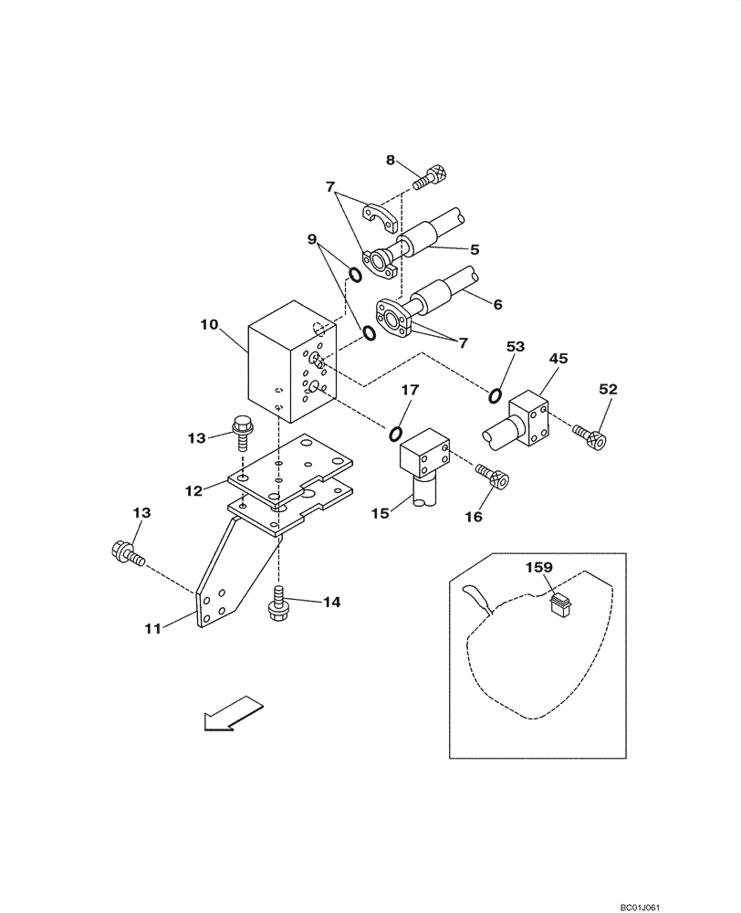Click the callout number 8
pos(390,160)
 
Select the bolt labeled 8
pos(428,175)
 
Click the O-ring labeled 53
pos(495,395)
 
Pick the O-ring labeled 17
pos(398,433)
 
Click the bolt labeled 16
pos(494,476)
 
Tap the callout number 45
pos(558,359)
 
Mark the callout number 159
pos(539,567)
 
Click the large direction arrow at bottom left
pos(233,712)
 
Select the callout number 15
pos(381,514)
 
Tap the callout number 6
pos(496,305)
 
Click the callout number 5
pos(474,247)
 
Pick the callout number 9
pos(313,240)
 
